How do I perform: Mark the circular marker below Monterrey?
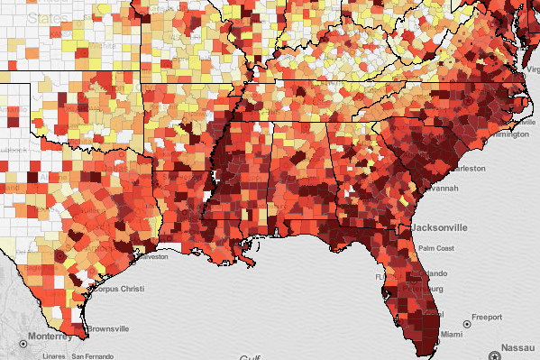point(22,345)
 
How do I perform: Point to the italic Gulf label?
point(250,357)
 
